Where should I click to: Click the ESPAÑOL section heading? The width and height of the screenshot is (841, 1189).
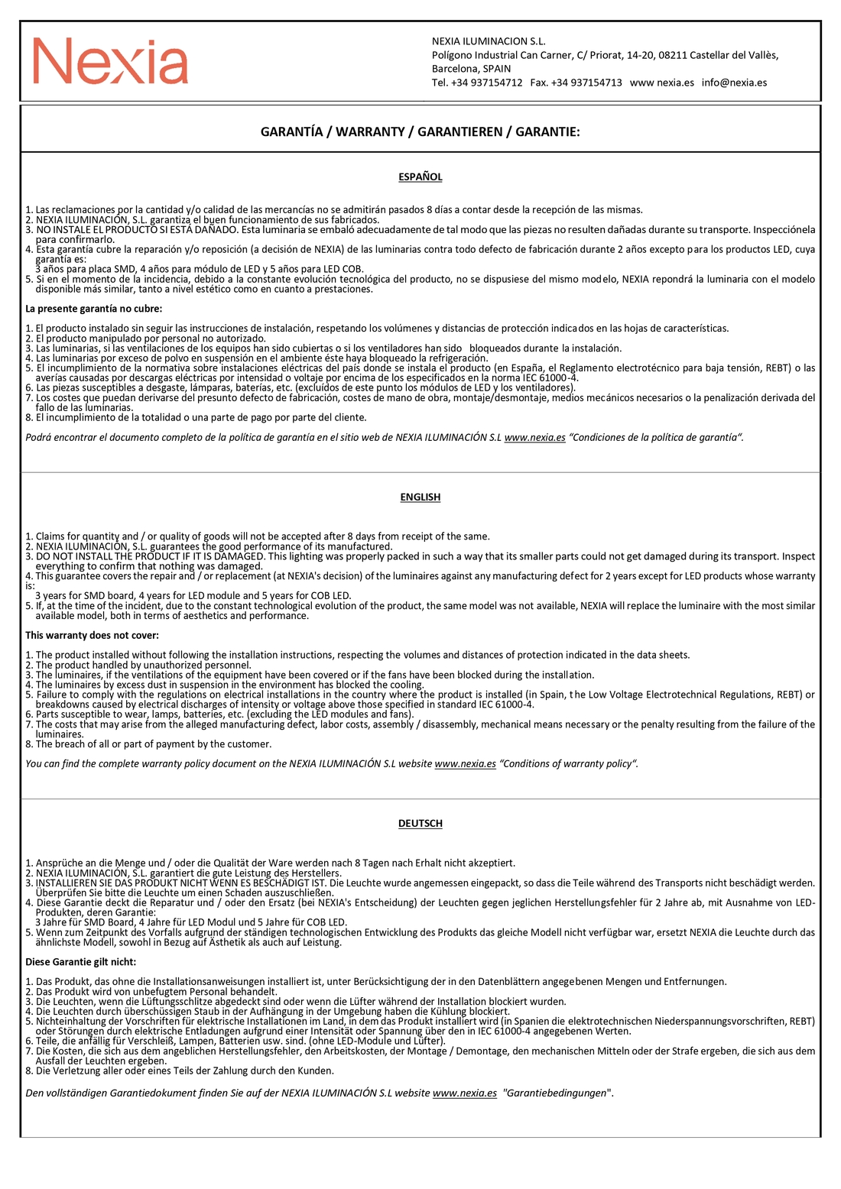pos(420,177)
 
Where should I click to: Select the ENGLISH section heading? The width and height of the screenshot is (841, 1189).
pos(420,497)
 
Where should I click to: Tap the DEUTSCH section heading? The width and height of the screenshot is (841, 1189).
pos(420,824)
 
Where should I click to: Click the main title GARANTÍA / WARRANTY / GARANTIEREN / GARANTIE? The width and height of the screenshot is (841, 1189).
pos(420,131)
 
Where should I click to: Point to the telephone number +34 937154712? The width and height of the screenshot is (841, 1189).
pos(487,83)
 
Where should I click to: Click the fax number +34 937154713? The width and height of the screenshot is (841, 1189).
pos(586,83)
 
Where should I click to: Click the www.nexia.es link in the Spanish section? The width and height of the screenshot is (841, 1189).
pos(534,438)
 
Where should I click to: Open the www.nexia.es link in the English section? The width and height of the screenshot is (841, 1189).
pos(465,764)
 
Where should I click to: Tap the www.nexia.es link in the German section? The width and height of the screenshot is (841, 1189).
pos(464,1093)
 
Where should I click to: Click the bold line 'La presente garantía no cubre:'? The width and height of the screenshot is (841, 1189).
pos(94,309)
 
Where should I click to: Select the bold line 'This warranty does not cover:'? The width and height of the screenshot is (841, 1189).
pos(93,636)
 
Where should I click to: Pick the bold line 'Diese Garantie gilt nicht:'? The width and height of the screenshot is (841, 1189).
pos(81,962)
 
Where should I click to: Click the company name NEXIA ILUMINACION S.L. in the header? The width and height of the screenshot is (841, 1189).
pos(489,41)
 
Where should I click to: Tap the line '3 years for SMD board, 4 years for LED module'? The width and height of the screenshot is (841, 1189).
pos(193,596)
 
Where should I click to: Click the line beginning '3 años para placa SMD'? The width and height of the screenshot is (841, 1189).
pos(200,269)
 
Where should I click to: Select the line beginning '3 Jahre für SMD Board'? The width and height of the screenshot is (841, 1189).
pos(191,922)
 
